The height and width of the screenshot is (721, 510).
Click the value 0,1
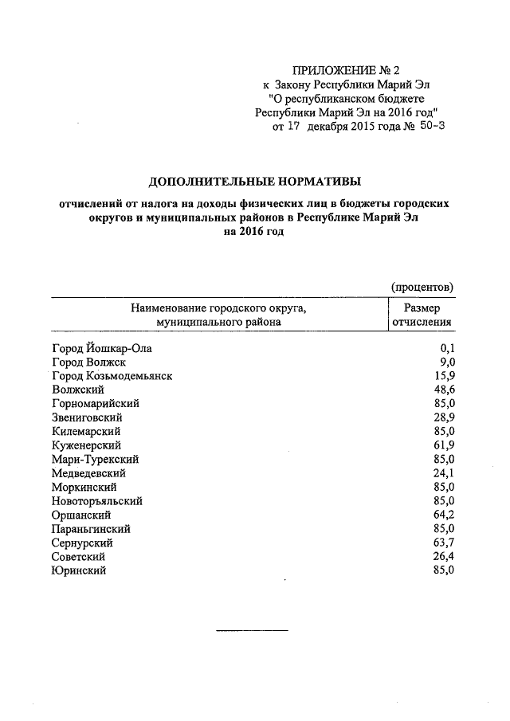pos(446,347)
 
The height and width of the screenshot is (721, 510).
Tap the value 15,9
pos(443,375)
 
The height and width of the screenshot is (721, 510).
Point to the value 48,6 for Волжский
pos(443,390)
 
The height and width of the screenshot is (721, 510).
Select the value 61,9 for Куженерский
pos(443,445)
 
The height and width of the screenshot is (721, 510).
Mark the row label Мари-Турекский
pos(95,460)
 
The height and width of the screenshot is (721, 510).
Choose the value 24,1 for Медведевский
pos(443,473)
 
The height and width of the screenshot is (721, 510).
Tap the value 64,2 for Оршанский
pos(443,515)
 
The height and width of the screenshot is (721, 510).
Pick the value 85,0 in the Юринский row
pos(443,570)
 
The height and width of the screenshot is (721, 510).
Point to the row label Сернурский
pos(85,543)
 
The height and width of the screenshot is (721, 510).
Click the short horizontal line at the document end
pos(252,631)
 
